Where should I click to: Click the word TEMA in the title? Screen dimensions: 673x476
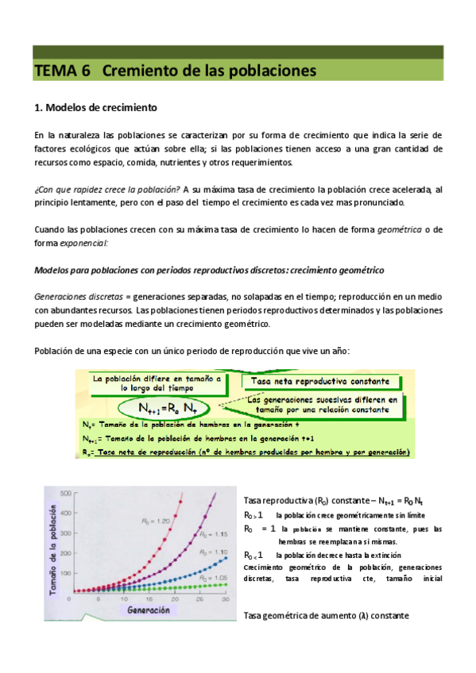54,71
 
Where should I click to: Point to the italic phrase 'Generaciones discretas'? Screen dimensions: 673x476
77,295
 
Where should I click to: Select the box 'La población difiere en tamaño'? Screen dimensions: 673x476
156,384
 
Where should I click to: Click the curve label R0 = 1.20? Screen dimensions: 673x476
187,498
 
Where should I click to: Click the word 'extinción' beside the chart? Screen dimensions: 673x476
383,555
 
